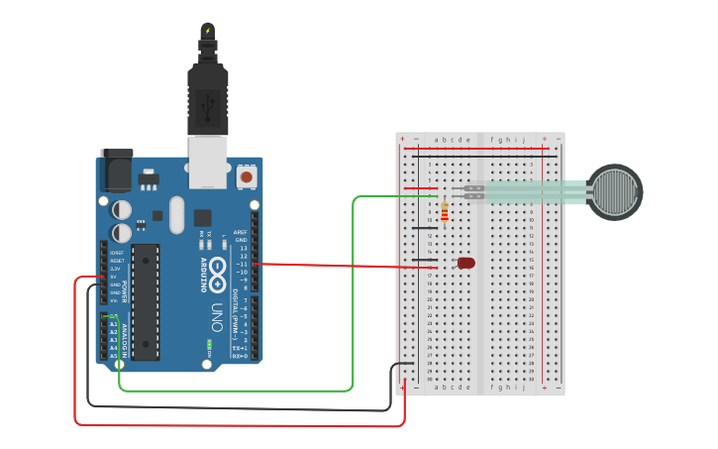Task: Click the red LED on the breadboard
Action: [x=466, y=263]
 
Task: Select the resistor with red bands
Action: [x=444, y=212]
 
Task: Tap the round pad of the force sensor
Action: [x=615, y=192]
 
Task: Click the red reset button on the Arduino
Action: [x=246, y=177]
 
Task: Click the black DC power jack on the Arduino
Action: [x=117, y=169]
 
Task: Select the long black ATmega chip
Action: [x=146, y=300]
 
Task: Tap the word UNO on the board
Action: [x=216, y=317]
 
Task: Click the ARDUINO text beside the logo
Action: [x=205, y=272]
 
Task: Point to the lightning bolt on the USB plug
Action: [x=207, y=31]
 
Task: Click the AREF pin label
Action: [x=240, y=232]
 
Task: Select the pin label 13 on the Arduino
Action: [x=243, y=248]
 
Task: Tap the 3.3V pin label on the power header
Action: [x=114, y=269]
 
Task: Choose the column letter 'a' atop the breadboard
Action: [x=437, y=140]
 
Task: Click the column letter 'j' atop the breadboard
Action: [x=523, y=140]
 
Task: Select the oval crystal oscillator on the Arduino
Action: [x=177, y=214]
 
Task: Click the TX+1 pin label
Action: [x=239, y=348]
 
